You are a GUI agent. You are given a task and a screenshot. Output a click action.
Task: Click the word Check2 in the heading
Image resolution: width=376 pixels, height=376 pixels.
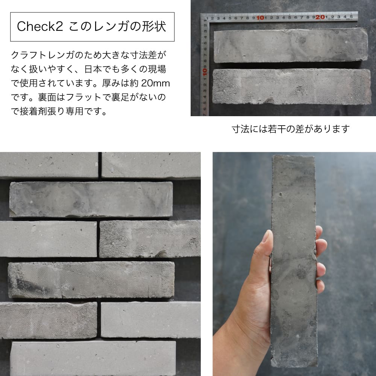point(39,26)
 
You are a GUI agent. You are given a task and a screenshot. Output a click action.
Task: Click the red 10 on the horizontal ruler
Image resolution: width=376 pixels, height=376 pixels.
point(260,18)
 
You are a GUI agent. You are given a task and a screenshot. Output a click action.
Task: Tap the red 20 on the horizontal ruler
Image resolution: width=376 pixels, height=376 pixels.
point(320,17)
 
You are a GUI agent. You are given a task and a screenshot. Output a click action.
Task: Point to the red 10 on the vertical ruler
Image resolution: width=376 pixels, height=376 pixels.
point(205,72)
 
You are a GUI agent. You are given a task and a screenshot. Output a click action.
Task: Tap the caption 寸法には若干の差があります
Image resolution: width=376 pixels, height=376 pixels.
point(291,129)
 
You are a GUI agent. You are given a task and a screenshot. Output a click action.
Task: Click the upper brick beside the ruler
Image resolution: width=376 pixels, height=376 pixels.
point(291,45)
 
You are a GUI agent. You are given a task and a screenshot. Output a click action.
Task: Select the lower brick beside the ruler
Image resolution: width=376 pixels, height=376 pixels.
point(292,86)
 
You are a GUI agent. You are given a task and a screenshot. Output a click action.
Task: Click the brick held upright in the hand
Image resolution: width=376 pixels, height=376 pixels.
point(294,261)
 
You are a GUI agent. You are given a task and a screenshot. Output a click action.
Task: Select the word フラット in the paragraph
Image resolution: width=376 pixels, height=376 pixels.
point(83,97)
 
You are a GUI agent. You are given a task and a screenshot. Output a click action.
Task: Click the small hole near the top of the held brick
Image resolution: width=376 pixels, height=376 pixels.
point(280,194)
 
